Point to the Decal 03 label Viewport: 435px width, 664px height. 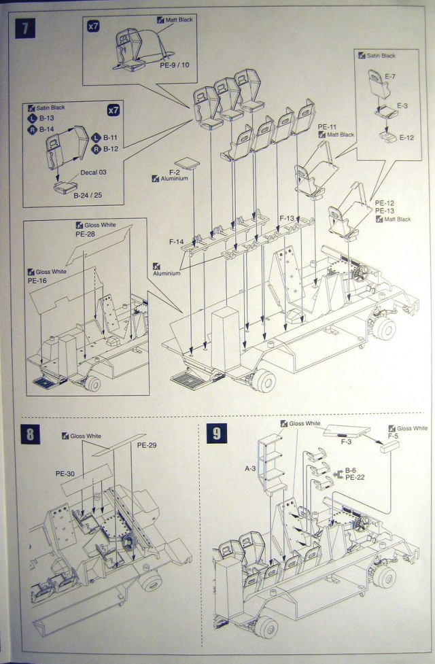[x=94, y=172]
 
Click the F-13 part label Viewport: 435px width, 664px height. [x=288, y=218]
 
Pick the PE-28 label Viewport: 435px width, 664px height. [x=84, y=232]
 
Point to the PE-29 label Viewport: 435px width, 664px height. [x=147, y=445]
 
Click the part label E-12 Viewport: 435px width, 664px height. [x=406, y=137]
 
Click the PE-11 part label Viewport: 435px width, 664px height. [x=328, y=127]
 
